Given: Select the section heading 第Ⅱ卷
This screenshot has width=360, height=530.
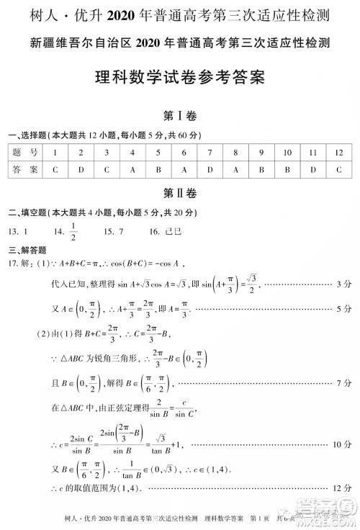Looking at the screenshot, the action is [x=180, y=192].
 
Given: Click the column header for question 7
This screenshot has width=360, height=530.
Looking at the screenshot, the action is [x=210, y=153].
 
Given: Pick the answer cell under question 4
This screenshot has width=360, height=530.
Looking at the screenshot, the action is [x=132, y=171].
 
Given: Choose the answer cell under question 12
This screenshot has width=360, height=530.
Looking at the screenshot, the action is [x=338, y=171].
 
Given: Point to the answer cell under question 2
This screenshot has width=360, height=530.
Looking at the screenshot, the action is [x=81, y=171].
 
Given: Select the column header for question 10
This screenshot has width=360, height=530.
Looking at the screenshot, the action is [x=287, y=153].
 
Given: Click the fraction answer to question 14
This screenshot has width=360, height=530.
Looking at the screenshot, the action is [x=73, y=232].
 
